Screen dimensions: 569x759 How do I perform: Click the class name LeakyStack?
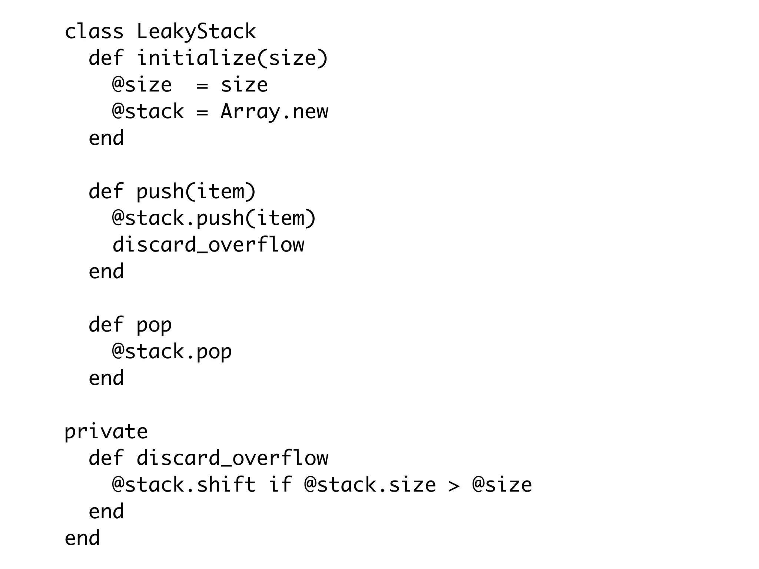click(x=196, y=32)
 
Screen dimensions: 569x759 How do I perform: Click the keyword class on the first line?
click(x=94, y=32)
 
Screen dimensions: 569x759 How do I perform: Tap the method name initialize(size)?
click(x=232, y=59)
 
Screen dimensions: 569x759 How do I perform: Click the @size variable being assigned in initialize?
click(x=142, y=85)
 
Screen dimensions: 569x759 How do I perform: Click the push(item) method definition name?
click(x=196, y=192)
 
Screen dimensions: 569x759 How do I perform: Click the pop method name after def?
click(x=154, y=325)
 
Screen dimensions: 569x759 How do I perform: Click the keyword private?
click(x=106, y=432)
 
